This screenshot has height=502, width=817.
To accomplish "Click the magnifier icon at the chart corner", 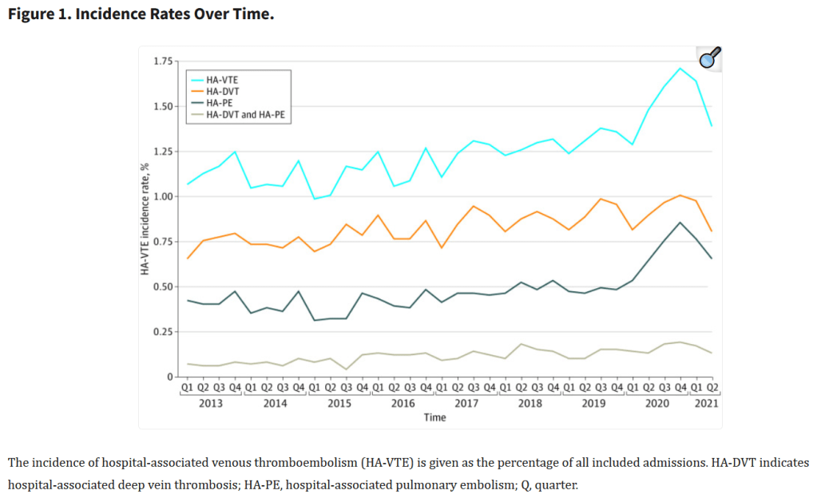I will click(x=708, y=57).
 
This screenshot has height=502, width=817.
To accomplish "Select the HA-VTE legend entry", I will click(x=223, y=80).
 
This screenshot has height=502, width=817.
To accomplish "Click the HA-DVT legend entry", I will click(x=223, y=91).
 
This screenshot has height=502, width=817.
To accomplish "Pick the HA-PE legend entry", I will click(x=220, y=102).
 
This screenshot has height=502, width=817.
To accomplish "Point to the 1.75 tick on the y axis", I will click(x=163, y=61).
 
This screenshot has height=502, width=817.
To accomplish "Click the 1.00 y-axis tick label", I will click(x=163, y=196).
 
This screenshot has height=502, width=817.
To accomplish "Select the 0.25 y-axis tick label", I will click(x=163, y=332).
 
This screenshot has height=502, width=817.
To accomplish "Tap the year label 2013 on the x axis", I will click(x=211, y=404).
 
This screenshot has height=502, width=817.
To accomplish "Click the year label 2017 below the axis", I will click(x=466, y=404).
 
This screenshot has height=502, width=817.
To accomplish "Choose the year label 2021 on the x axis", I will click(x=705, y=404).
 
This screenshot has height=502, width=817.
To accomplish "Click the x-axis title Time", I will click(x=435, y=417).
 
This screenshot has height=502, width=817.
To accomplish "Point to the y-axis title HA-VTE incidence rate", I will click(x=146, y=219).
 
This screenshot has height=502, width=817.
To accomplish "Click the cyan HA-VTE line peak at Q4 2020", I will click(x=680, y=69).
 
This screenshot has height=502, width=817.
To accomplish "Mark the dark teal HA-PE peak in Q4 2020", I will click(x=680, y=223).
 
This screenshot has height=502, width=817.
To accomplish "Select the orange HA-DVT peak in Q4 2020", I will click(x=680, y=196).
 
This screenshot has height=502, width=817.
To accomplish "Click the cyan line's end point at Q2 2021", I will click(x=712, y=126).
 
